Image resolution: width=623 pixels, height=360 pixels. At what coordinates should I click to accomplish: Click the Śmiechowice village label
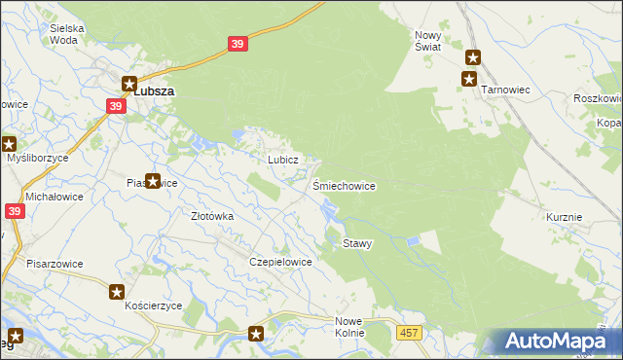[344, 185]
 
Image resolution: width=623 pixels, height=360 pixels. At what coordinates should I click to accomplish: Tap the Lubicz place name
[275, 159]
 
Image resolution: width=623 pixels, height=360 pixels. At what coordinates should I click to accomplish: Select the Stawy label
[356, 243]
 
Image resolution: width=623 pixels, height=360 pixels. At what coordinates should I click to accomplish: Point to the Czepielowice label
[280, 262]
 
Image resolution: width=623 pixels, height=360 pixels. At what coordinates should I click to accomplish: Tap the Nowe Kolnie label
[349, 326]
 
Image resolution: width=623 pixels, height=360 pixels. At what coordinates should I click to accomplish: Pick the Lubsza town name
[156, 90]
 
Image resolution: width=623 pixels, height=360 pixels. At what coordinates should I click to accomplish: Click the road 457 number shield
[409, 333]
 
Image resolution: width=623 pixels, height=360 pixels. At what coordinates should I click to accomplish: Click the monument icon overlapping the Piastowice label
[153, 180]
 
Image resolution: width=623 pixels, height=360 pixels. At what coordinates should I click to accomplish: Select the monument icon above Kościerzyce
[117, 291]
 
